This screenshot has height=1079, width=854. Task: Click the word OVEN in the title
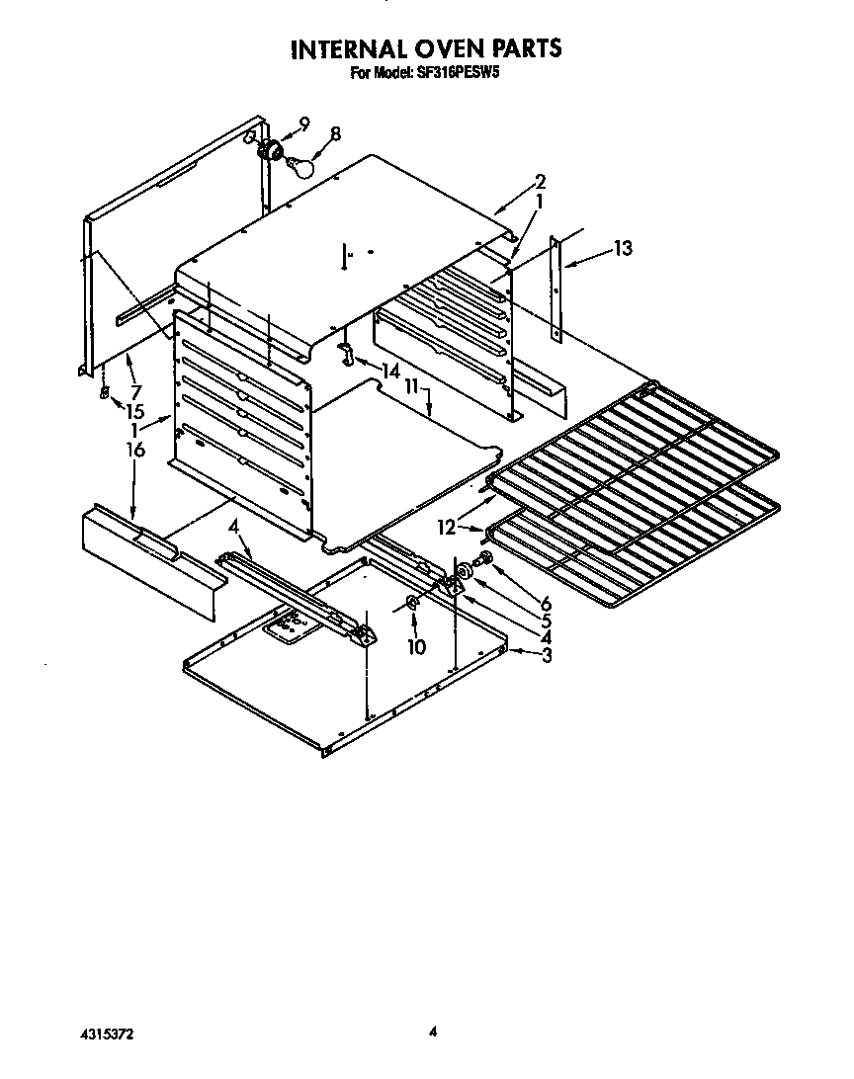(x=432, y=48)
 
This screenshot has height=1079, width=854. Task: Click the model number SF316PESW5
(x=455, y=72)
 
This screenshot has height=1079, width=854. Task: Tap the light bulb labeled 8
(x=300, y=167)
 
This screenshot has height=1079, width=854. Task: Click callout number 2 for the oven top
(x=540, y=181)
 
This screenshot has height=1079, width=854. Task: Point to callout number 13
(x=623, y=248)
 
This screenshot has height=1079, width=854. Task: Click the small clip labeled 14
(x=346, y=353)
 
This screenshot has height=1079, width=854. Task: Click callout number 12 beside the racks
(x=448, y=529)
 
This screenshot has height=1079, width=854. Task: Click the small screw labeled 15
(x=103, y=394)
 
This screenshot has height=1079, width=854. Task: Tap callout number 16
(x=135, y=451)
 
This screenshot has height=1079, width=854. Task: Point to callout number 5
(x=546, y=621)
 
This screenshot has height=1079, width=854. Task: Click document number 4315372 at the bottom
(x=106, y=1034)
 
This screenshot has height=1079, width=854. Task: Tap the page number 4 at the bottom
(x=432, y=1033)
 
